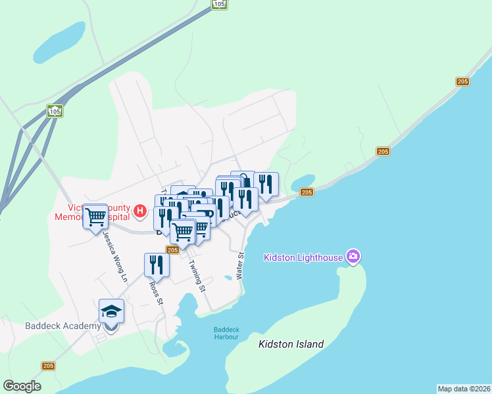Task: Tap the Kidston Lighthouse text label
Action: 303,257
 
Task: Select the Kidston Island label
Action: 291,344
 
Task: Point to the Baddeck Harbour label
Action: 226,333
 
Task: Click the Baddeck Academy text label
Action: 63,326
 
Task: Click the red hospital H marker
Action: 139,211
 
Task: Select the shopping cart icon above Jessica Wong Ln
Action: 95,215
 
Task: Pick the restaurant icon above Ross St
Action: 157,265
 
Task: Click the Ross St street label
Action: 156,293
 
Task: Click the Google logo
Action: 22,386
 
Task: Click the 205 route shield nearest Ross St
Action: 173,250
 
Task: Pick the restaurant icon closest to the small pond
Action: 266,184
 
